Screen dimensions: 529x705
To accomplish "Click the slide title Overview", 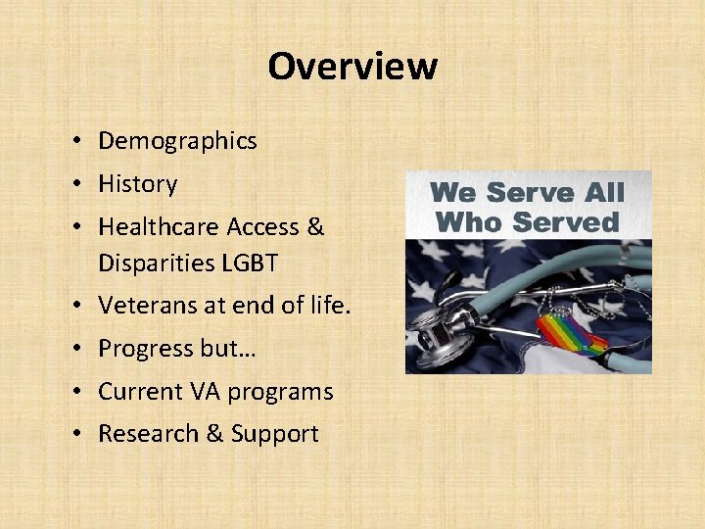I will pos(352,67).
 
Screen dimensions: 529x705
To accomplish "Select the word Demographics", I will pos(177,141).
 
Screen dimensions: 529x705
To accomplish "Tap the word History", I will pos(138,184).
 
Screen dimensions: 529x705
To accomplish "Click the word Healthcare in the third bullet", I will pos(159,227).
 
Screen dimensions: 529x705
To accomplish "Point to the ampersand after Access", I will pos(315,227).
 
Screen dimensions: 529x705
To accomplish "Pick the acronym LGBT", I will pos(252,264).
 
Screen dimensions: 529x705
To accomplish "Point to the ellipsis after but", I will pos(236,350).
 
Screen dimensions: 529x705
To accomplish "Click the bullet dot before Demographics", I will pos(75,142).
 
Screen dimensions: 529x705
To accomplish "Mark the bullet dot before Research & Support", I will pos(75,435).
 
